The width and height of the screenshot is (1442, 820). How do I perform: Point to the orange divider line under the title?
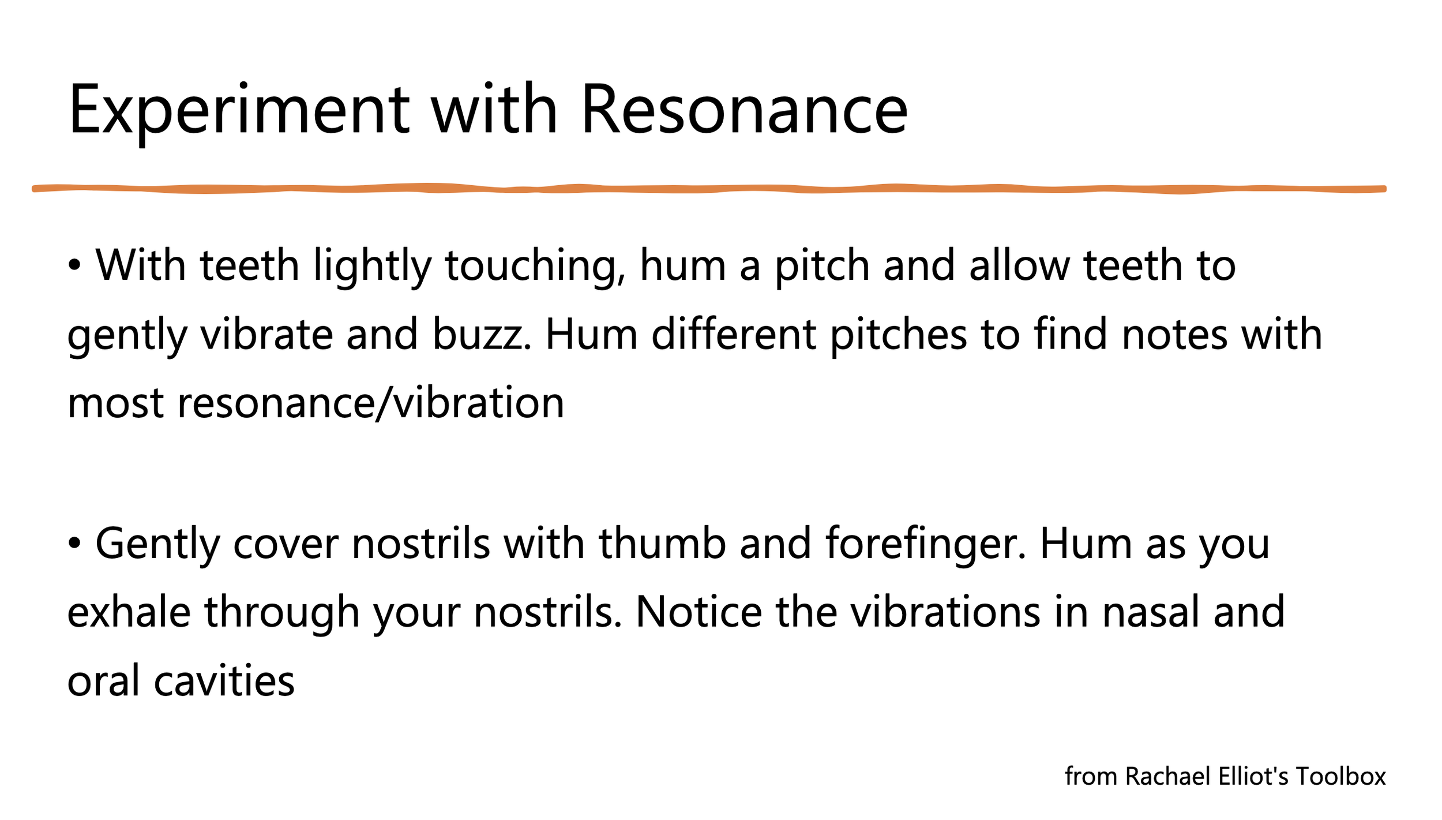pos(709,189)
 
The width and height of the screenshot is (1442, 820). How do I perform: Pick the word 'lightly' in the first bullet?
pos(373,266)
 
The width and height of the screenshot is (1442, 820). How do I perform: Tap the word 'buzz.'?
pos(482,335)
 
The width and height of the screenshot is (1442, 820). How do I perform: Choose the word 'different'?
pos(733,335)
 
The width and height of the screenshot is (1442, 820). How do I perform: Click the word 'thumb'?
pos(662,544)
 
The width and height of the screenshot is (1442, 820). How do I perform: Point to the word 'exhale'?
pos(129,612)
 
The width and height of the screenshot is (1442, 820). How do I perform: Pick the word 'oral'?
pos(103,681)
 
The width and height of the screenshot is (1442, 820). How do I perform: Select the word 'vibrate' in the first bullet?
pos(266,335)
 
